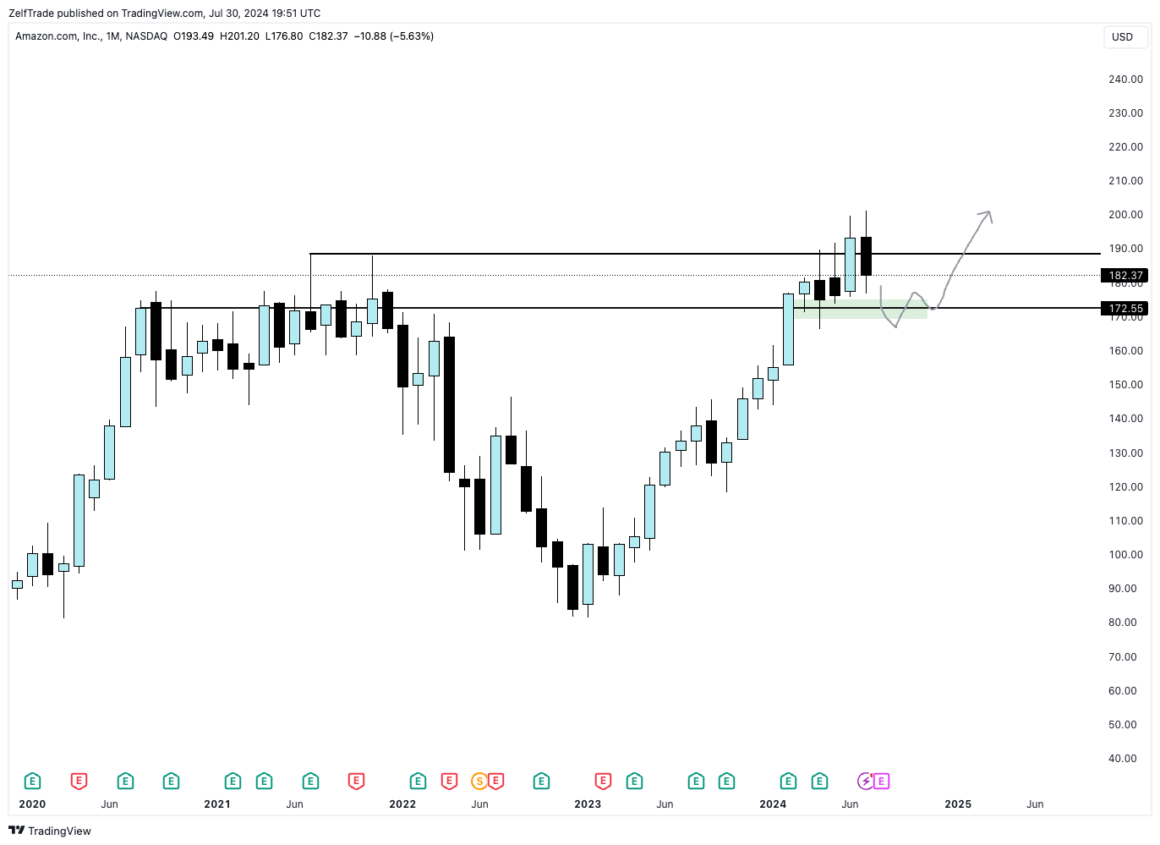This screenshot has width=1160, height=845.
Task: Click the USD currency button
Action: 1122,37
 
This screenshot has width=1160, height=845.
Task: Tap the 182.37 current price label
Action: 1125,276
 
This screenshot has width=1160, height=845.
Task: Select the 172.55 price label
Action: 1125,309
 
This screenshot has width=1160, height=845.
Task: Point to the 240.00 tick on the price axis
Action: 1125,80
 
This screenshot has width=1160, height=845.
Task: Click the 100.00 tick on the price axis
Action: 1125,555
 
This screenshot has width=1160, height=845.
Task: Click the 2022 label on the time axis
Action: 402,804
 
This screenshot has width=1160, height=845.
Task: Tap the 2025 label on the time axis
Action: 958,804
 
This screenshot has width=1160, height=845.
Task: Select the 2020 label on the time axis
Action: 32,804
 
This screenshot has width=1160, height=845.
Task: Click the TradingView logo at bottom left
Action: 50,831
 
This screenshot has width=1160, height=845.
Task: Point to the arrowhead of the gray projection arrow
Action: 986,214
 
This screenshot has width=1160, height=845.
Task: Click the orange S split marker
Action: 479,781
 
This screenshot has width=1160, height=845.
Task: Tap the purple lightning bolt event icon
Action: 865,781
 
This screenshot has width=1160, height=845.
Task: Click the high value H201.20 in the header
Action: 239,36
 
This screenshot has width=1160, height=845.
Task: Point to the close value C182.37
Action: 328,36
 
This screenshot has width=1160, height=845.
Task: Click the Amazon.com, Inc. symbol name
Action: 58,36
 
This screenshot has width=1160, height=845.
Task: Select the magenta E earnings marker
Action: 881,781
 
